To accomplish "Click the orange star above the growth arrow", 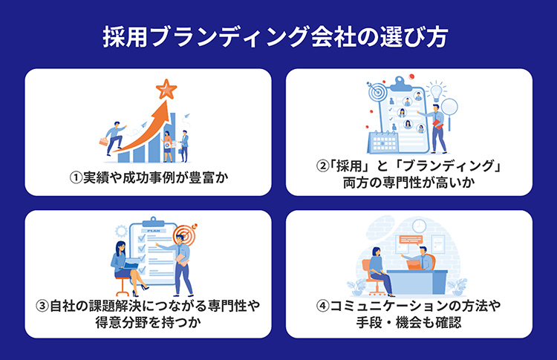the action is click(x=166, y=90).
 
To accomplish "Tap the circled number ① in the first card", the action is click(x=76, y=177).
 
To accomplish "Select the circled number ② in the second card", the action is click(x=322, y=166).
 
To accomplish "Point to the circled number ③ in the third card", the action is click(x=42, y=306).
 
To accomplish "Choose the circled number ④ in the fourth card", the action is click(x=322, y=306).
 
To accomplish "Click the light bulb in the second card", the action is click(x=435, y=91).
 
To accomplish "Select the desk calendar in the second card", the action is click(x=382, y=141).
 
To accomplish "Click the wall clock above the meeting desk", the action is click(x=419, y=226).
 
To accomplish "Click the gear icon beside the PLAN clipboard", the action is click(x=121, y=231).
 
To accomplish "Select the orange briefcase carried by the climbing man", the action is click(x=104, y=141).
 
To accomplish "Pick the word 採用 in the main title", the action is click(x=126, y=36).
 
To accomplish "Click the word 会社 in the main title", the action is click(x=333, y=36).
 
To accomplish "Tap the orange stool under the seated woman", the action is click(x=123, y=287).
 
